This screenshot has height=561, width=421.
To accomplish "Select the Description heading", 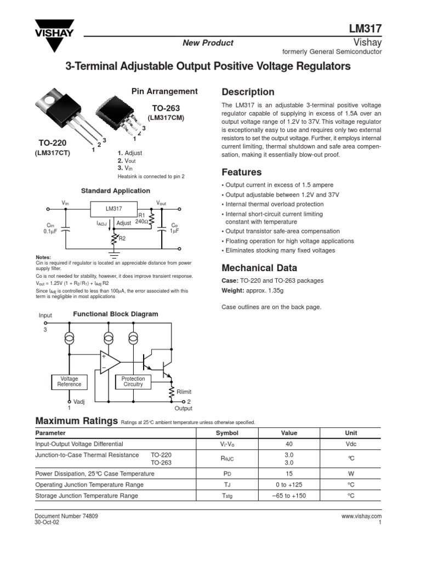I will coord(247,92).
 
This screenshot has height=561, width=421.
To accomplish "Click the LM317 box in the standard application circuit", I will coord(113,209).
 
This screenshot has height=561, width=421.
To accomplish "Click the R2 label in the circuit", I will coord(122,239).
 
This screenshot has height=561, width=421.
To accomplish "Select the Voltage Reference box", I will coord(69,381).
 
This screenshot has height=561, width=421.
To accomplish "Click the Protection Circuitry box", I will coord(133,381).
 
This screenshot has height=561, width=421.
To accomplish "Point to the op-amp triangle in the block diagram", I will coord(111,362).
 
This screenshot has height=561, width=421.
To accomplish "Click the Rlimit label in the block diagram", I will coord(184,392).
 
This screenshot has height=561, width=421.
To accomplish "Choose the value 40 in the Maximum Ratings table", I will coord(289,444).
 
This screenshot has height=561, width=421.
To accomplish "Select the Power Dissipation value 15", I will coord(289,473).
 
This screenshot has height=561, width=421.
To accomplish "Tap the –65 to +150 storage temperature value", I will coord(289,495).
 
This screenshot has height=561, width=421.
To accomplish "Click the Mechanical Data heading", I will coord(259,268).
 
